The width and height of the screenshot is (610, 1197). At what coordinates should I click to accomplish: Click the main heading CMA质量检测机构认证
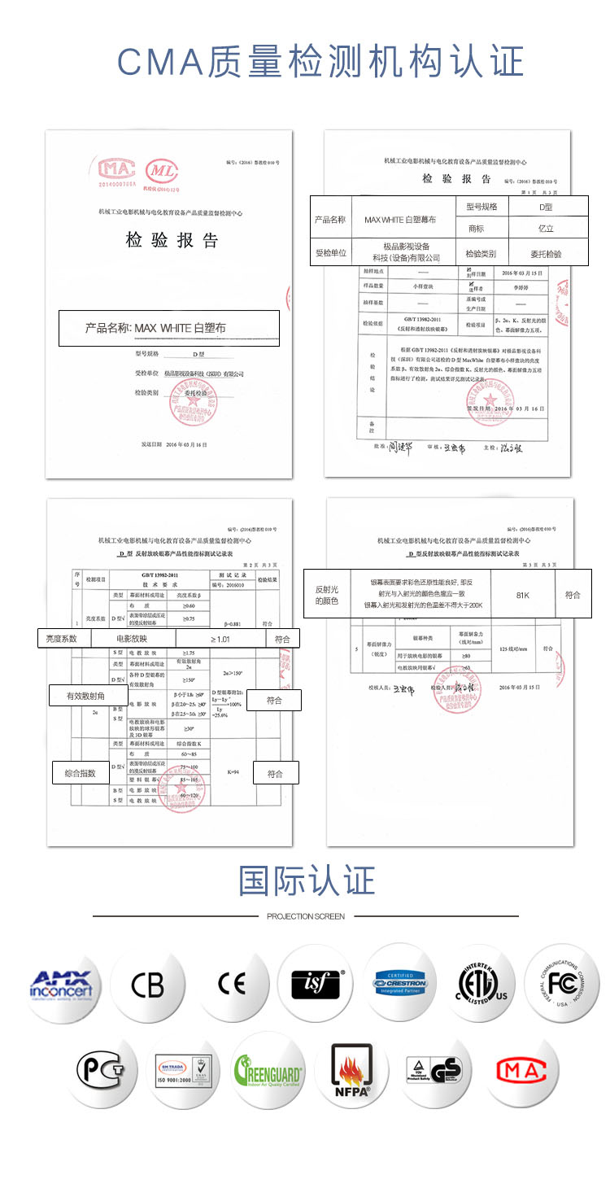(x=320, y=63)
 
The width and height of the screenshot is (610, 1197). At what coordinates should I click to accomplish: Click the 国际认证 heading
(x=307, y=880)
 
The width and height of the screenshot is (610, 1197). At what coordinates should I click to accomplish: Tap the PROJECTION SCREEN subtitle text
(x=306, y=916)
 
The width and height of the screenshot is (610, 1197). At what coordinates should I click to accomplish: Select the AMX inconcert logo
(x=61, y=985)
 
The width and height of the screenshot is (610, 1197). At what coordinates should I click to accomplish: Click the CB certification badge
(x=147, y=985)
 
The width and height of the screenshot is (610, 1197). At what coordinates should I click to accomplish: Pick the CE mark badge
(x=231, y=985)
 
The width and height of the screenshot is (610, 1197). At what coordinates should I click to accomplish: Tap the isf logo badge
(x=316, y=985)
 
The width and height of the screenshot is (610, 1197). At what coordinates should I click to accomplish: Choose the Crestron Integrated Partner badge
(x=401, y=983)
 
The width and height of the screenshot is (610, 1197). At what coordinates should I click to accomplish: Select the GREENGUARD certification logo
(x=268, y=1069)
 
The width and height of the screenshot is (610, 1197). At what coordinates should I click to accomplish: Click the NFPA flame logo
(x=352, y=1071)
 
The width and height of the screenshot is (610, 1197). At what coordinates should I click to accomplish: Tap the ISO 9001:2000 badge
(x=183, y=1071)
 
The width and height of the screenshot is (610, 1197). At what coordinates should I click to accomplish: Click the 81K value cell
(x=523, y=595)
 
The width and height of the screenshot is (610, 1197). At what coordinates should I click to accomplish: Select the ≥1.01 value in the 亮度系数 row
(x=220, y=639)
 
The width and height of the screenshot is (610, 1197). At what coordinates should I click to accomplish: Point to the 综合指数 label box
(x=81, y=773)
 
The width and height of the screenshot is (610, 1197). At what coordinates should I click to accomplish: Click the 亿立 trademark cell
(x=545, y=229)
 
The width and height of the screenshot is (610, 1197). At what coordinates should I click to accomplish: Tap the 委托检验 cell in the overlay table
(x=545, y=253)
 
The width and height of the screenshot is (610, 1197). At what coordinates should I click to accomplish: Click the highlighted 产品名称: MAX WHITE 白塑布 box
(x=168, y=328)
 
